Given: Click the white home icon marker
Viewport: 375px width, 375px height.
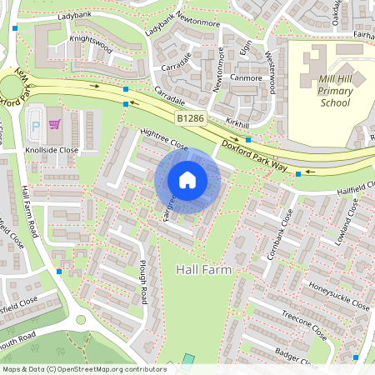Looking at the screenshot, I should [187, 179].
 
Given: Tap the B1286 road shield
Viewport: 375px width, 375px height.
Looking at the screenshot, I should [189, 120].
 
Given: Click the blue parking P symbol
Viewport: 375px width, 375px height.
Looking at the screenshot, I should [35, 125].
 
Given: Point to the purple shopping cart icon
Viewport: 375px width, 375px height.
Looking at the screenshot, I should [55, 125].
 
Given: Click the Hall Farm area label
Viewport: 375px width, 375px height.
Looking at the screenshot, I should [203, 271].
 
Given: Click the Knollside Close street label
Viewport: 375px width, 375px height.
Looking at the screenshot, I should [51, 151].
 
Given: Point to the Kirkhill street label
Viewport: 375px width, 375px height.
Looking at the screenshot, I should [237, 122].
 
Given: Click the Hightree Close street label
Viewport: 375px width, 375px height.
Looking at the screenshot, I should [164, 138].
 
